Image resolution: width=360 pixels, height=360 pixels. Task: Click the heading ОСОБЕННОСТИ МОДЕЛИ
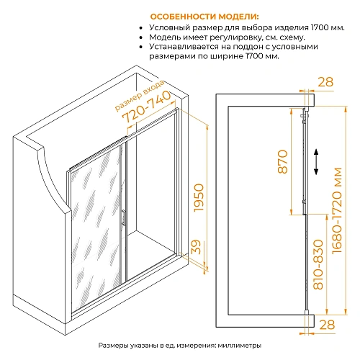204,17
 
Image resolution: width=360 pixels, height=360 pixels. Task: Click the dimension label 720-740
146,107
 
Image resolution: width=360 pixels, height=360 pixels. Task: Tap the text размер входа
140,96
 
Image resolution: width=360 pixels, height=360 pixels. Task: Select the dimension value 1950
199,197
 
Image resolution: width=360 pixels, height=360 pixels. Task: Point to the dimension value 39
196,247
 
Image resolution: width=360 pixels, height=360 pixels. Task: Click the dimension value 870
283,161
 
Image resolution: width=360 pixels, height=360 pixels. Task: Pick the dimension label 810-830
318,264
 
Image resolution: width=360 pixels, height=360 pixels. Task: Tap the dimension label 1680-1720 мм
337,210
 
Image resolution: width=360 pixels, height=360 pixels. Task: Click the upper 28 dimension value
325,82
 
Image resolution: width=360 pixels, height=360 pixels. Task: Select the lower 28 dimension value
327,325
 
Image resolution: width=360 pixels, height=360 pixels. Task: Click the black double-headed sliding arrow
316,161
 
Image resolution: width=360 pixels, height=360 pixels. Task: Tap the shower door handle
123,217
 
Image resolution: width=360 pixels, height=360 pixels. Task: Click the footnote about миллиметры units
180,346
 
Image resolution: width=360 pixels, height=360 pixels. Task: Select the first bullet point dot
141,28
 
